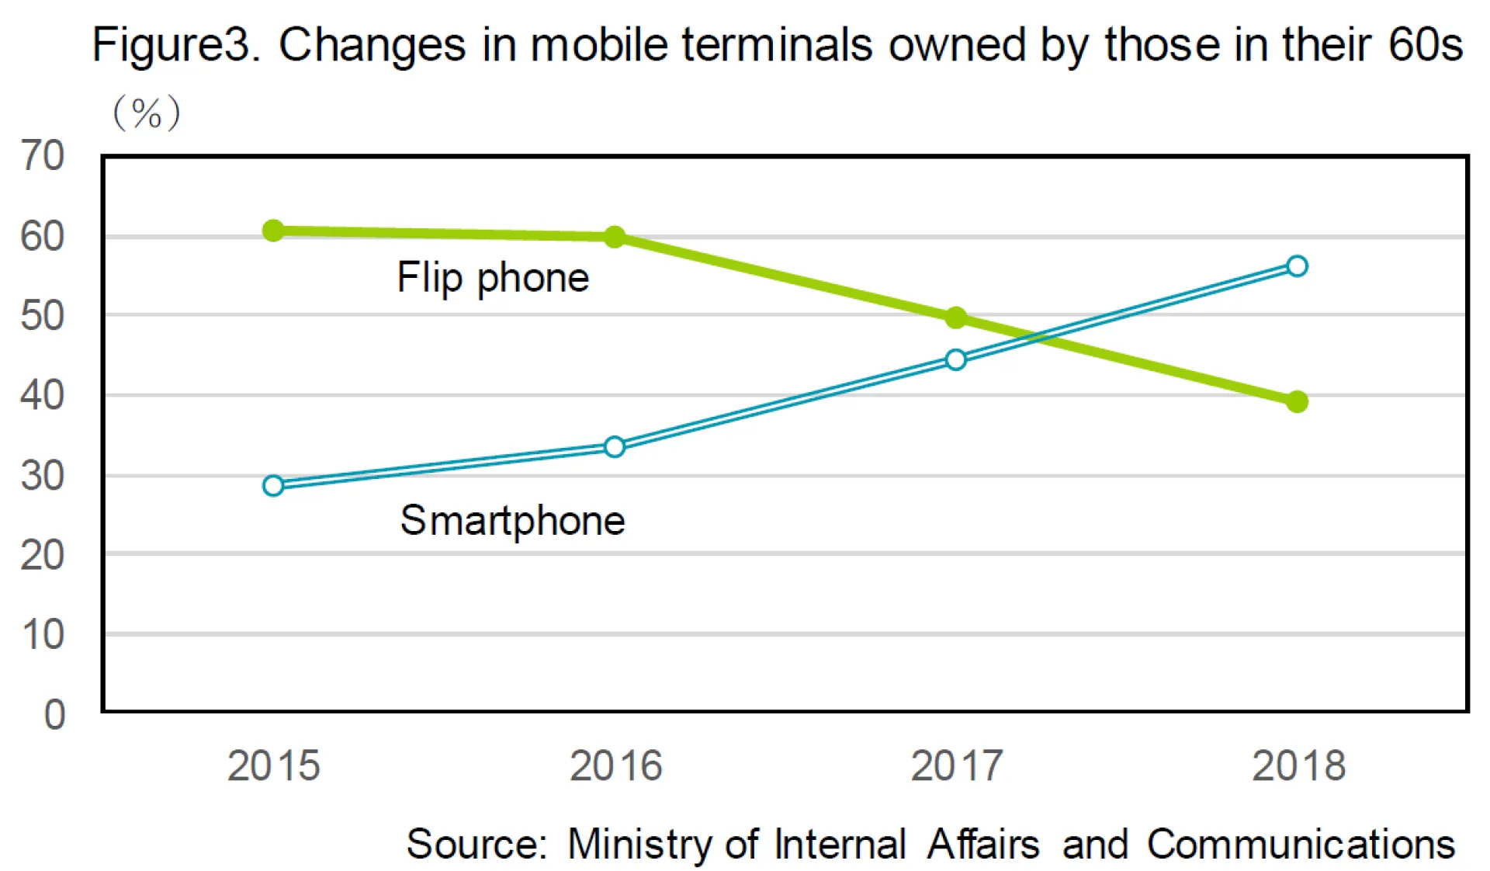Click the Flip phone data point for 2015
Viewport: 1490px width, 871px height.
point(273,231)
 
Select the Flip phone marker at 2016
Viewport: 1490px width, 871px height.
point(615,237)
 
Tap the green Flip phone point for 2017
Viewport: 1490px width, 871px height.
point(956,318)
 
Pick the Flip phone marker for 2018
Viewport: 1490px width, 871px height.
point(1297,401)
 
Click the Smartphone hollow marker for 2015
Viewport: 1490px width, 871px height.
point(273,486)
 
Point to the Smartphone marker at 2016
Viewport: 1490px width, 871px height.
point(615,447)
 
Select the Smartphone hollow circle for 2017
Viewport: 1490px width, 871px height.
point(956,359)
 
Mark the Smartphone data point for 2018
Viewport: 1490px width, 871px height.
point(1297,266)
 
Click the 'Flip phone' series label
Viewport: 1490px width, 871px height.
point(493,278)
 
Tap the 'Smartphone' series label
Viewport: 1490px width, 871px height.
point(512,520)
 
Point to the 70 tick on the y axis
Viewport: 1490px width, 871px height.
point(43,156)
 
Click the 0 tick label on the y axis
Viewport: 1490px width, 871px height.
point(54,714)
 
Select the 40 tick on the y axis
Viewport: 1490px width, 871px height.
point(43,396)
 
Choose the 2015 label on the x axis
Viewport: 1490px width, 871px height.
point(273,766)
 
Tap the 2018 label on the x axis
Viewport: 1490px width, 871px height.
point(1298,766)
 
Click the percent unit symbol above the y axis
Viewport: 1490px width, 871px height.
point(147,114)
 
